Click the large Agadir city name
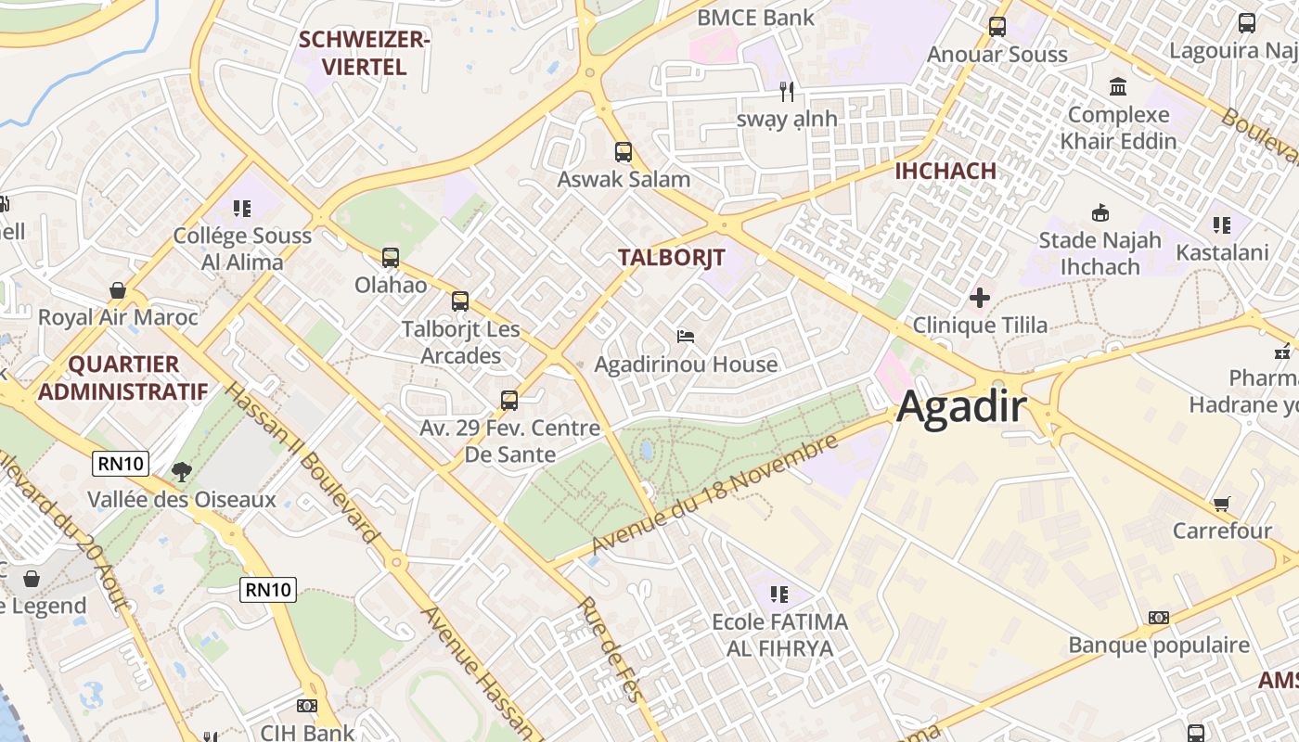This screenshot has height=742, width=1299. pos(962,407)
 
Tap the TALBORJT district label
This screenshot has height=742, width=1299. pos(671,257)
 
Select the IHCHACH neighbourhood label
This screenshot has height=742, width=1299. pos(945,171)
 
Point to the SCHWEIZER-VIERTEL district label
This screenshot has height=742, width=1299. pos(364,53)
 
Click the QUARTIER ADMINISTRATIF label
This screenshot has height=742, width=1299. pos(122,377)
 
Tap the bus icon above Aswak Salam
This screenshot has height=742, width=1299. pos(624,151)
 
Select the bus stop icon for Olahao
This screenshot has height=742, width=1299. pos(391,257)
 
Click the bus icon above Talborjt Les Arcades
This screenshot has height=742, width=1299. pos(460,301)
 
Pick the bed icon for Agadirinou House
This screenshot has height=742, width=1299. pos(686,336)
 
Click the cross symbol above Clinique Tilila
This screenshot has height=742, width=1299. pos(980,298)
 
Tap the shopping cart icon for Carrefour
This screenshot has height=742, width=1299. pos(1222,504)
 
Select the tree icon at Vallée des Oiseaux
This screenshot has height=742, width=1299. pos(182,471)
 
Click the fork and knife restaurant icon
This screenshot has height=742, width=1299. pos(787,91)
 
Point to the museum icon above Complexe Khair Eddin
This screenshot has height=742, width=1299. pos(1118,86)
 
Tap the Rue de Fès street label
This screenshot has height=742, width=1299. pos(610,648)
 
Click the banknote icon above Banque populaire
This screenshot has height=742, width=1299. pos(1159,617)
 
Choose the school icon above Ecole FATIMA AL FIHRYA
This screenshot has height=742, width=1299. pos(779,594)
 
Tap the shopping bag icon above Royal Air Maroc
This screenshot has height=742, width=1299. pos(118,290)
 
